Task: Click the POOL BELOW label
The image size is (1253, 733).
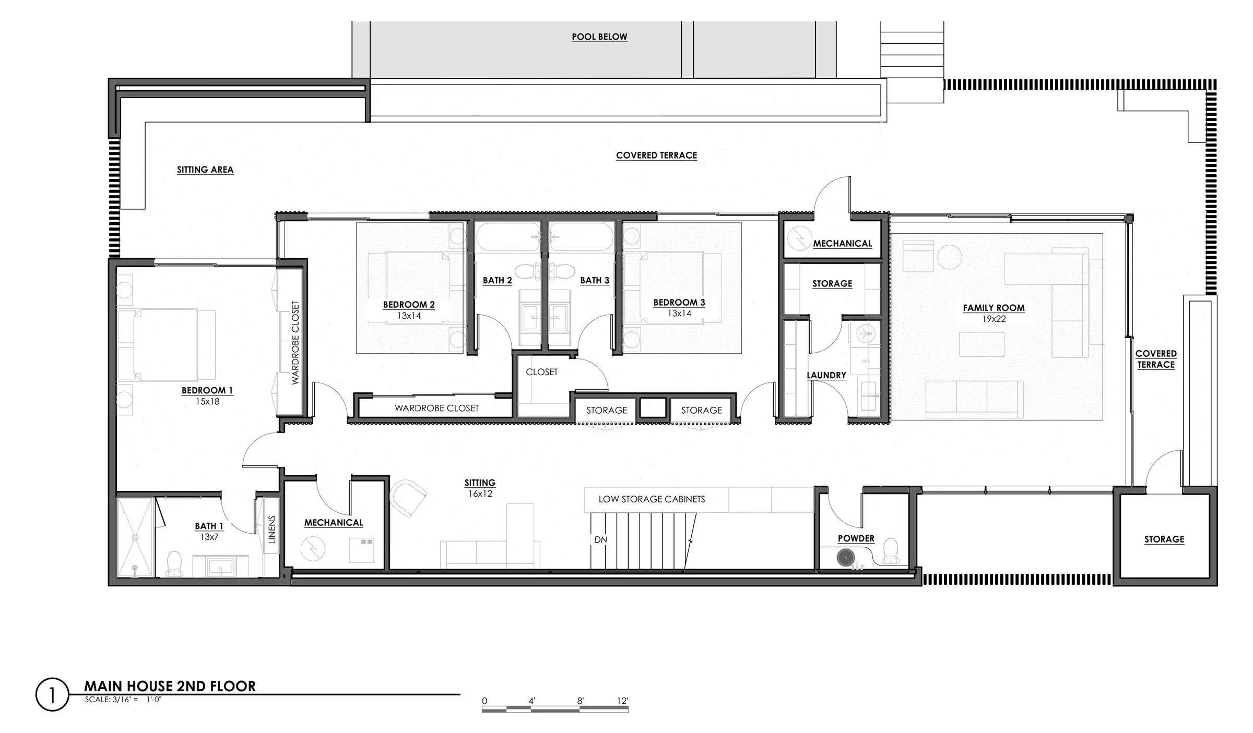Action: pos(599,37)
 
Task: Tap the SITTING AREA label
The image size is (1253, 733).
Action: pos(205,170)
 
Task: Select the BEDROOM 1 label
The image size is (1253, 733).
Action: pos(207,390)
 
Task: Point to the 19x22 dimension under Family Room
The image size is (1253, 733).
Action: pos(994,319)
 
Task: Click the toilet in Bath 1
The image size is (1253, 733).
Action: pos(173,564)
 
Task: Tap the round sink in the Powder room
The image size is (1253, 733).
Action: pos(846,558)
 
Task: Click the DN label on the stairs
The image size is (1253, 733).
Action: pos(600,539)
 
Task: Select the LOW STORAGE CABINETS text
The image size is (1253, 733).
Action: pos(652,499)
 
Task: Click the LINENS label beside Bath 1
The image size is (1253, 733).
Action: pos(271,530)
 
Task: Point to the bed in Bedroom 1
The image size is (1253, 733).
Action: pos(167,345)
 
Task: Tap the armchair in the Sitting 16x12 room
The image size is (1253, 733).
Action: pos(408,498)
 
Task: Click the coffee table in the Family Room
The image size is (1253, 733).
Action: pos(982,345)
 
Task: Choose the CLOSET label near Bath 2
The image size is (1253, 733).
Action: pos(542,372)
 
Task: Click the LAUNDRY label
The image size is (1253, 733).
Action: pos(826,375)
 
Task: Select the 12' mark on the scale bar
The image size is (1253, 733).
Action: pos(622,701)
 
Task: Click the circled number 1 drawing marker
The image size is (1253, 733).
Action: pos(52,694)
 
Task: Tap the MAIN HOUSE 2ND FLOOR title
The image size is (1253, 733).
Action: pos(170,686)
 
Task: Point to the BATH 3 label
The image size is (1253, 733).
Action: pos(595,280)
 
